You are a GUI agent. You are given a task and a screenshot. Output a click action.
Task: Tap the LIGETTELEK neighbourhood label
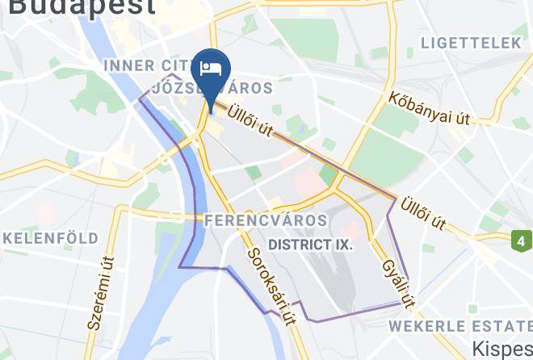[472, 43]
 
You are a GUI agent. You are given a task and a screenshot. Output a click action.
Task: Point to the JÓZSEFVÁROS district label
[212, 86]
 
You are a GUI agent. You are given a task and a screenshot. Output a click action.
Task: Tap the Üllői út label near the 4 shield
[426, 210]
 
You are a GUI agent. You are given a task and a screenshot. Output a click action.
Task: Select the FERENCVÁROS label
[266, 220]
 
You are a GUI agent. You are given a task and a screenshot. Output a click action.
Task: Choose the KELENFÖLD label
[50, 238]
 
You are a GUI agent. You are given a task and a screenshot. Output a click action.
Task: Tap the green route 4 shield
[522, 241]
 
